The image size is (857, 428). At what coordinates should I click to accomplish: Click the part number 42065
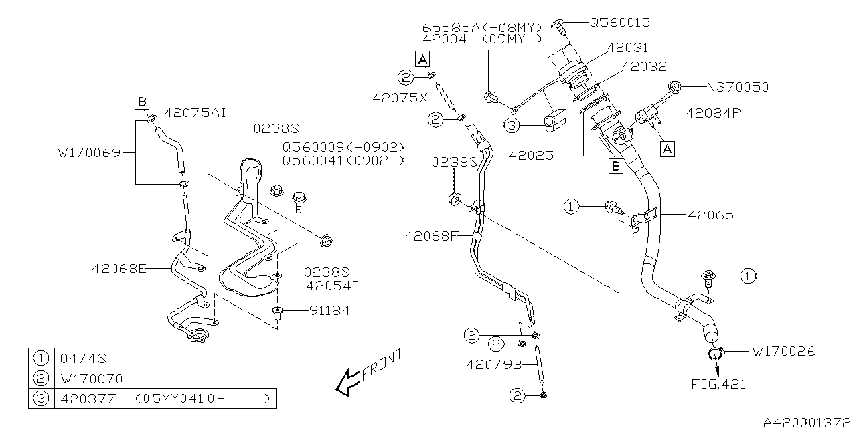[710, 215]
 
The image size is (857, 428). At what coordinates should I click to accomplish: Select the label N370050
[738, 87]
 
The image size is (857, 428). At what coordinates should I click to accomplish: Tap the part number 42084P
[712, 114]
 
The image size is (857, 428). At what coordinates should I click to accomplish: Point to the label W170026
[783, 351]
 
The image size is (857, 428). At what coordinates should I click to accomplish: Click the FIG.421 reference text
[718, 384]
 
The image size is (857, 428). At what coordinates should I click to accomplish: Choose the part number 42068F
[430, 235]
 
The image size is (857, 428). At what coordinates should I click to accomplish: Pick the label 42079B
[494, 364]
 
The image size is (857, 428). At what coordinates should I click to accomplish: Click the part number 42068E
[119, 268]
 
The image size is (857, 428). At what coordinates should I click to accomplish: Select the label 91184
[329, 310]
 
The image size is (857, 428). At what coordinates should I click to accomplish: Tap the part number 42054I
[332, 286]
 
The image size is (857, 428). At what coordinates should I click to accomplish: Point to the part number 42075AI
[195, 113]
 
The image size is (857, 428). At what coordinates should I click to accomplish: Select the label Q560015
[619, 22]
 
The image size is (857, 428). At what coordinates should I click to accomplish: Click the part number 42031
[627, 48]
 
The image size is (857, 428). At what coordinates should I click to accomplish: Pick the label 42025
[531, 156]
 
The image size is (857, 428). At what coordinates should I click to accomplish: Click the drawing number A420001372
[809, 421]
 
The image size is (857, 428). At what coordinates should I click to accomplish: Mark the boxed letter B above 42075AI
[141, 102]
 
